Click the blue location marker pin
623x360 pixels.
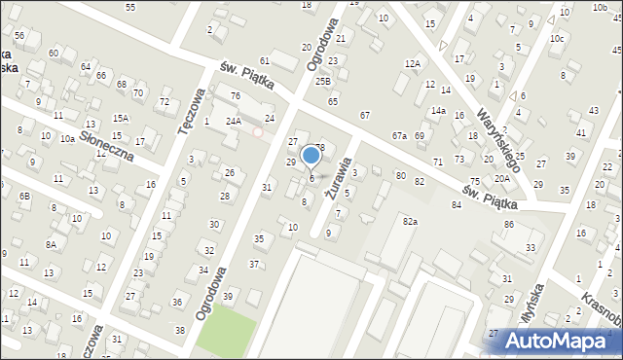[311, 156]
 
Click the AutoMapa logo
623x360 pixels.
[558, 341]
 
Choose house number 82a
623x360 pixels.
[410, 222]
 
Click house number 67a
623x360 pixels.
[399, 135]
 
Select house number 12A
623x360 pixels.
[413, 64]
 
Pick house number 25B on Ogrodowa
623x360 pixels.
[323, 82]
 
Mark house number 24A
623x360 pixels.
[234, 122]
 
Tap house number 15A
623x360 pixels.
[120, 118]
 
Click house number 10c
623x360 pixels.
[556, 39]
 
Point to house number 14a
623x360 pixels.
[439, 110]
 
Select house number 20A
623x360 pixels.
[501, 179]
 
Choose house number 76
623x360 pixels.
[235, 95]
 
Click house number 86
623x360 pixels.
[508, 225]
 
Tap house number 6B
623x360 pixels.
[26, 197]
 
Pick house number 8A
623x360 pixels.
[50, 245]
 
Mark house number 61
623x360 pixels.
[265, 61]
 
